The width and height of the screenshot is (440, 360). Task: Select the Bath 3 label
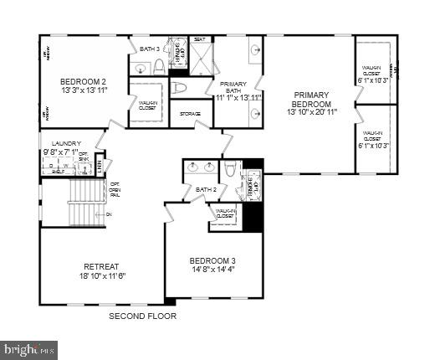coord(150,49)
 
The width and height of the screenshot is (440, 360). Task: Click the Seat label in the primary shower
coord(201,39)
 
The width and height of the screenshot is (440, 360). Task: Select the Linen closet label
coord(100,165)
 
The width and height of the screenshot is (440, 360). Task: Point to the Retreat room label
coord(101,266)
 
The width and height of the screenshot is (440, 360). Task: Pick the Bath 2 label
coord(206,189)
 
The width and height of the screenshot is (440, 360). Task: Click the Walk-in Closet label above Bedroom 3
coord(224,213)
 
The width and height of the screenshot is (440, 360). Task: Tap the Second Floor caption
coord(139,316)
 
